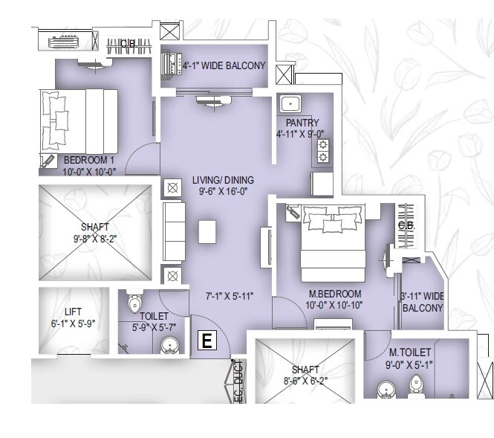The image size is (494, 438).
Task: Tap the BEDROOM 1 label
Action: (x=88, y=160)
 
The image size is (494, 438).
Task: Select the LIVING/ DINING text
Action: (x=223, y=180)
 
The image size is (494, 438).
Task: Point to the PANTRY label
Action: (x=302, y=123)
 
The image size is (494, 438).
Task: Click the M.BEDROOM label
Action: (x=334, y=293)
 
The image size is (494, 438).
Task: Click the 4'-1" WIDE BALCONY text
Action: (x=224, y=65)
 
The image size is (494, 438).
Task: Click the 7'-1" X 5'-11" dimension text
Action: (x=230, y=296)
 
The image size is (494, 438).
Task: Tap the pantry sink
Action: (x=289, y=104)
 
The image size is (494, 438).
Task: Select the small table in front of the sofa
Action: (x=207, y=231)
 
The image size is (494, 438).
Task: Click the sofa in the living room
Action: (x=172, y=231)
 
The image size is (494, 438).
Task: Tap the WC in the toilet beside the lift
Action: (x=135, y=304)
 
